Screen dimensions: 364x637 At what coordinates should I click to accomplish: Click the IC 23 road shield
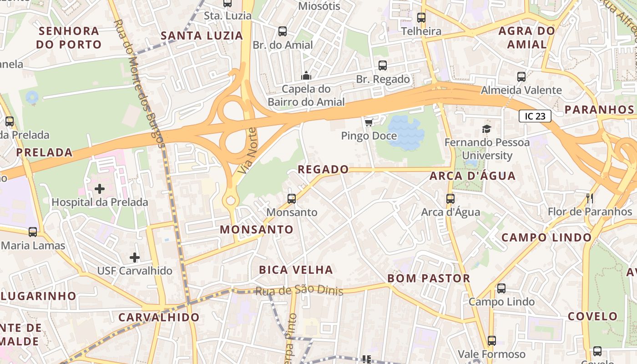point(535,116)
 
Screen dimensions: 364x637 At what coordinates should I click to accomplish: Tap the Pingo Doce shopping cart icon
point(369,122)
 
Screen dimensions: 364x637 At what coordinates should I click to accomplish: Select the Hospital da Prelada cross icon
point(99,188)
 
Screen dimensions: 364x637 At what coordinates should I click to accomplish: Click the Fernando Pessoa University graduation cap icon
point(487,129)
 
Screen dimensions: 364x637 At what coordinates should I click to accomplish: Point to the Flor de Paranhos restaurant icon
point(590,198)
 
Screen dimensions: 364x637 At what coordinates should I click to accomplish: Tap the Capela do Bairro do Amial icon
point(306,75)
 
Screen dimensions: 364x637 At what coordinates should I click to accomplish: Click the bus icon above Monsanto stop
point(292,199)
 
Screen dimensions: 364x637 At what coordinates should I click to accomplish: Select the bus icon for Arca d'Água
point(450,199)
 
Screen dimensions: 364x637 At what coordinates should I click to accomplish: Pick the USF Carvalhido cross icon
point(135,258)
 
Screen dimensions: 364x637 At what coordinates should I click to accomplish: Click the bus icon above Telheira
point(421,18)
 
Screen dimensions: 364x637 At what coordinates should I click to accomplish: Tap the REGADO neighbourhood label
point(323,170)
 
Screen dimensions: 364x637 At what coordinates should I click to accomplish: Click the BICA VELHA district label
point(296,270)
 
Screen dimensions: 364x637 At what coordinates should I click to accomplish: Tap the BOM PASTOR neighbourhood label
point(429,278)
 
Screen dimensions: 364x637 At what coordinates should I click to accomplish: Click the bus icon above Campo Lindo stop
point(501,288)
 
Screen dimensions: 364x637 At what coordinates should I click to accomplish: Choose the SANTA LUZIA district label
point(202,35)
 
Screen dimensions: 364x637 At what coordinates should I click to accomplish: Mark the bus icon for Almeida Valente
point(521,77)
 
